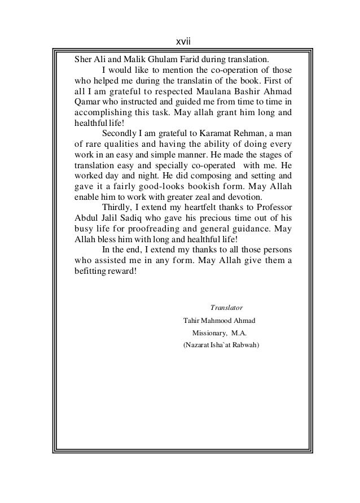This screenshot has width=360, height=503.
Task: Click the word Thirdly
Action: point(117,208)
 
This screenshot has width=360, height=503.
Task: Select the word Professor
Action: point(273,208)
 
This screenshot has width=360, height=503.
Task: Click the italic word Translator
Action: point(226,308)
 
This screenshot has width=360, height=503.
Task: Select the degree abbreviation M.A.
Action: point(243,333)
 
